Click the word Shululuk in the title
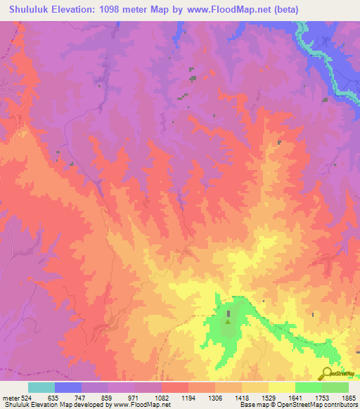pos(28,10)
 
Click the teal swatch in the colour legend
pos(41,388)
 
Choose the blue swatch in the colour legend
pos(68,388)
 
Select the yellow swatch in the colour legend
pos(281,388)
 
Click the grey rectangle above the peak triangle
pos(229,313)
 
